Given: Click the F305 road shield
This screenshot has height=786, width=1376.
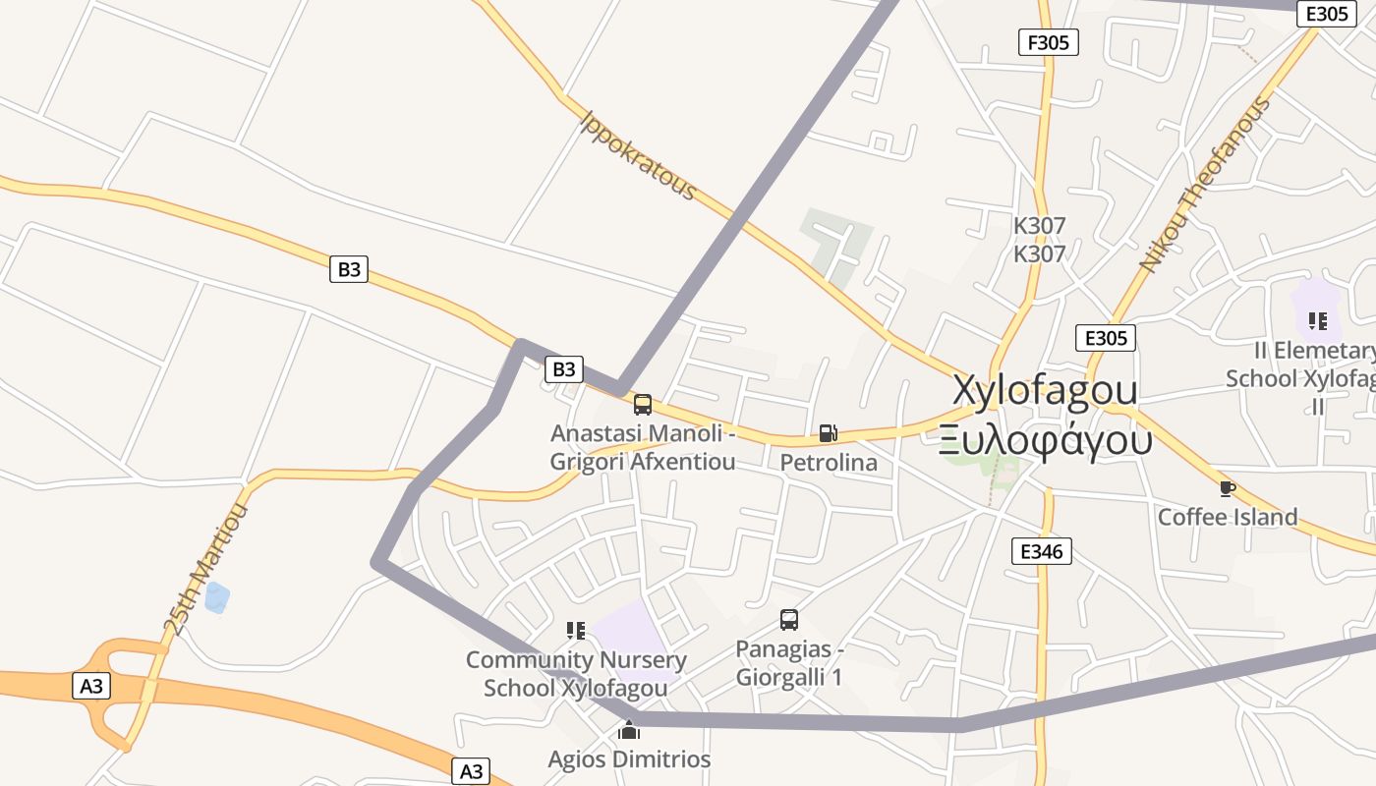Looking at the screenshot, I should (x=1049, y=42).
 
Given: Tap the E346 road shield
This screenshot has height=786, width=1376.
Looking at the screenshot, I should (x=1041, y=551).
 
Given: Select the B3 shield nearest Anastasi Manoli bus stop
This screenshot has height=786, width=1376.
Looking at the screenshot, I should (x=564, y=369).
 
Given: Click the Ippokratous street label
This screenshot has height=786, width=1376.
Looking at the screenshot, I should (x=638, y=155).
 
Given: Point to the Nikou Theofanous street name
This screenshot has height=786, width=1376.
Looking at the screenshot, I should (x=1204, y=184).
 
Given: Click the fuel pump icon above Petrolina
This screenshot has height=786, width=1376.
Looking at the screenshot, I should (x=828, y=433).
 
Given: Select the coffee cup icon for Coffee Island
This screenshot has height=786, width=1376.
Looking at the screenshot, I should (x=1227, y=488).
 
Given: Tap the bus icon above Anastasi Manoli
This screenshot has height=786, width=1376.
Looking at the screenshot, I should (x=642, y=405).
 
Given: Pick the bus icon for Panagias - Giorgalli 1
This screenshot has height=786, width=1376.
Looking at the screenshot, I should (x=788, y=620).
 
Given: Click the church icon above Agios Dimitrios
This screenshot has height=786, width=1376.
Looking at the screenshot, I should (x=629, y=730).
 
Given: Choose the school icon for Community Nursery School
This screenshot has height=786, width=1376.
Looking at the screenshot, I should (x=575, y=631).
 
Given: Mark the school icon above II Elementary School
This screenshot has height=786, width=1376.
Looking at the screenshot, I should (x=1318, y=321).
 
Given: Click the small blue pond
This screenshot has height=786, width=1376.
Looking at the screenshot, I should (x=216, y=596).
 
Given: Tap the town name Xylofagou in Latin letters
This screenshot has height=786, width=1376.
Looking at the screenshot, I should (x=1045, y=390).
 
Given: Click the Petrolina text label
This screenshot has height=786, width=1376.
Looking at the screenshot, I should (x=829, y=462).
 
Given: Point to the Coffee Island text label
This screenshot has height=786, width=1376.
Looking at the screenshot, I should (x=1228, y=517).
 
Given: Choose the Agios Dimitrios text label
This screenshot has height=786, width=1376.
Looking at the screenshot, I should (x=629, y=759).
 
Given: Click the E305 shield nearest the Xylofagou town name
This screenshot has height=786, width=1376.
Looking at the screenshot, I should (x=1105, y=338).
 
